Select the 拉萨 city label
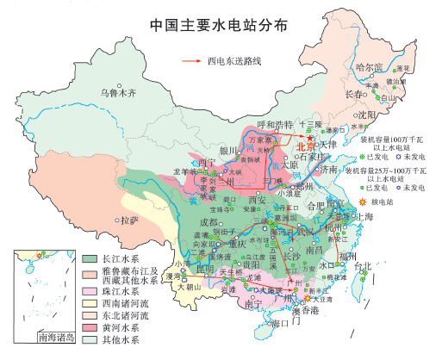(128, 220)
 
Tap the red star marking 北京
(308, 139)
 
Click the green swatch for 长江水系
(89, 258)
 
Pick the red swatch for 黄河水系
(89, 328)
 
